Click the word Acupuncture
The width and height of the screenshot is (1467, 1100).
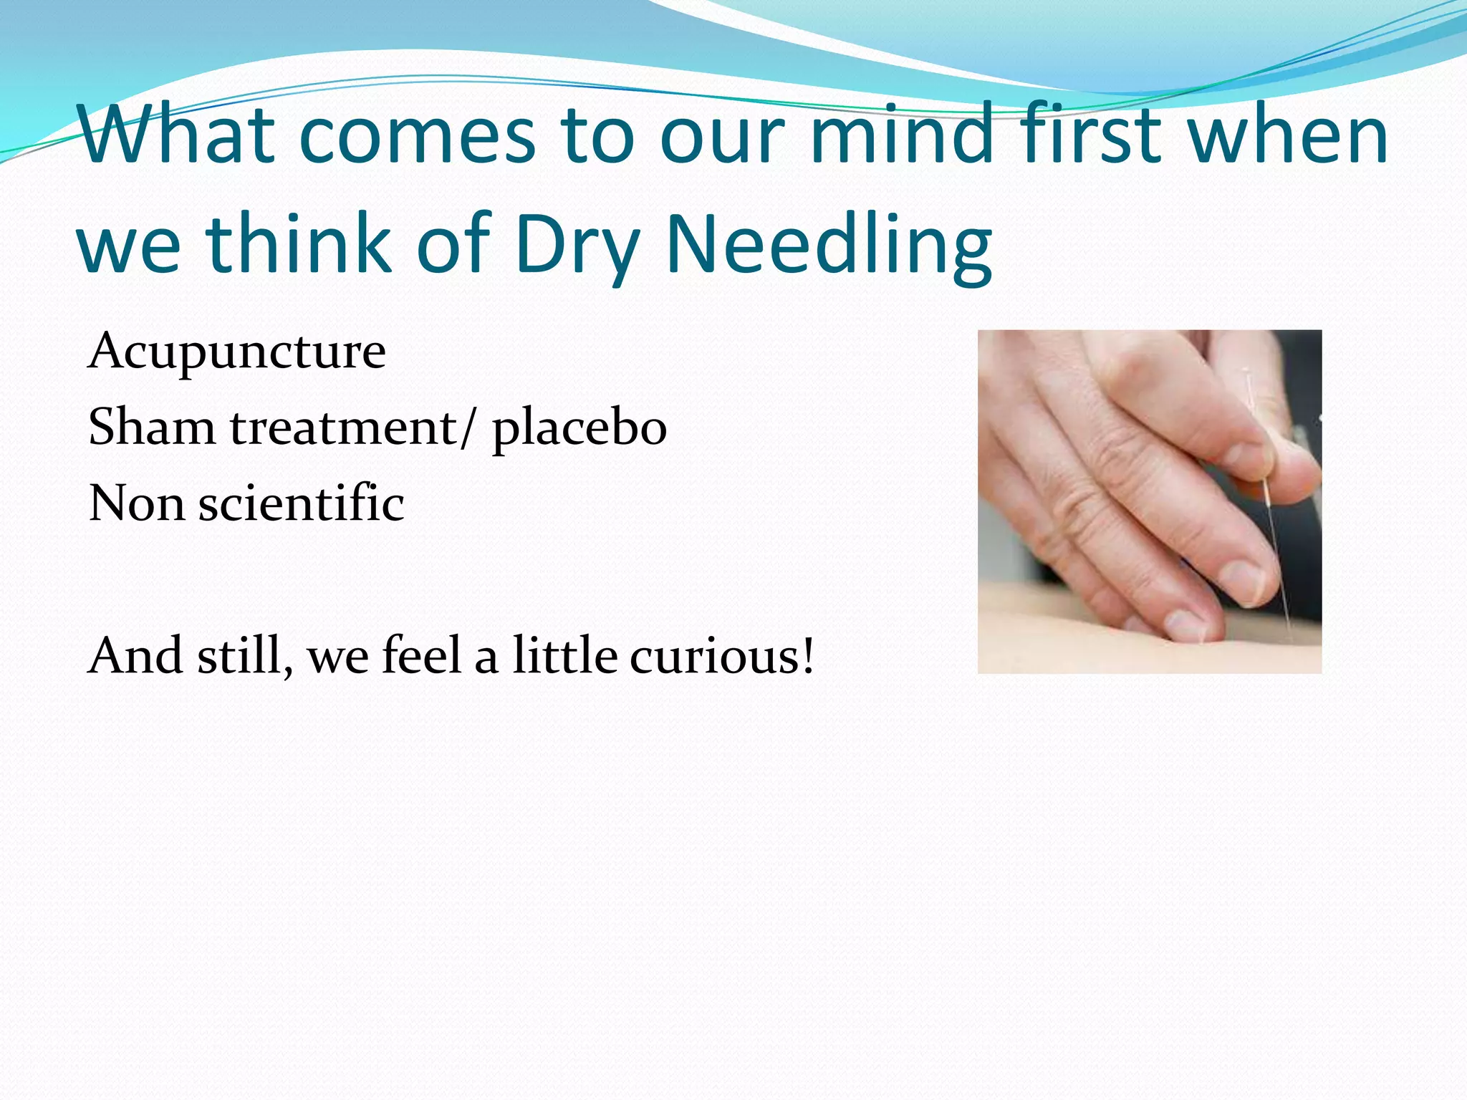(x=236, y=352)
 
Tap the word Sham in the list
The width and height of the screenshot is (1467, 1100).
(x=151, y=428)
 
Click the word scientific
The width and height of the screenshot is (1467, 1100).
(x=301, y=503)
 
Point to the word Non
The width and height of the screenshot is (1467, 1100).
(x=136, y=503)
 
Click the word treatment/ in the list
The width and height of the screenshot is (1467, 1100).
(x=352, y=428)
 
